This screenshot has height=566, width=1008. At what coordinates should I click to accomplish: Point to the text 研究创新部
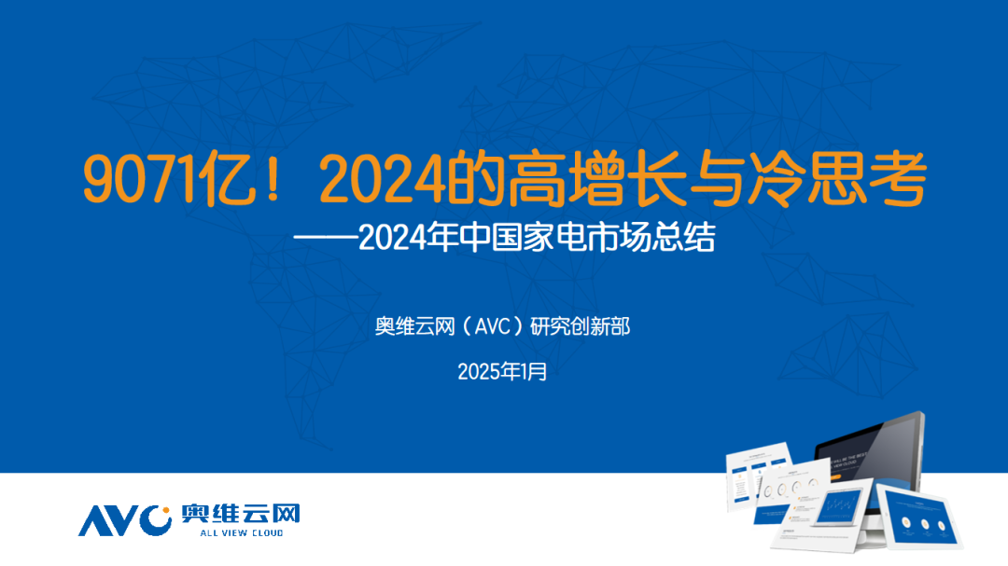click(x=587, y=327)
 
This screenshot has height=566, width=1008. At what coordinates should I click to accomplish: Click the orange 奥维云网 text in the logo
click(x=241, y=514)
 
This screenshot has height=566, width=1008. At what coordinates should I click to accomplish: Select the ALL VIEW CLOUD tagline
click(x=241, y=533)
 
